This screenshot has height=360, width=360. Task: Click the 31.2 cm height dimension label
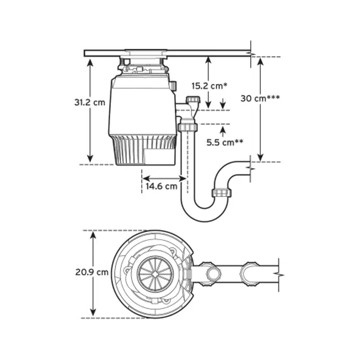pyautogui.click(x=90, y=102)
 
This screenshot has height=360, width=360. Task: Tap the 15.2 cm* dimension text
pyautogui.click(x=209, y=86)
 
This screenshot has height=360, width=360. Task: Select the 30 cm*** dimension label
pyautogui.click(x=260, y=99)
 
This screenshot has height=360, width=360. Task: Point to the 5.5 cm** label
pyautogui.click(x=225, y=142)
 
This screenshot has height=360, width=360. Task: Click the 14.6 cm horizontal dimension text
pyautogui.click(x=162, y=186)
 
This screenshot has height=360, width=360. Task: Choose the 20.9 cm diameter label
pyautogui.click(x=92, y=272)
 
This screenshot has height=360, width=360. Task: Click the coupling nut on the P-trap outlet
pyautogui.click(x=221, y=193)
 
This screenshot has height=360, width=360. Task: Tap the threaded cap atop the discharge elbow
pyautogui.click(x=193, y=100)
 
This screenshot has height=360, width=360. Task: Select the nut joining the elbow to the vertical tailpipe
pyautogui.click(x=187, y=127)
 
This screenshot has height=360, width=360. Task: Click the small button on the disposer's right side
pyautogui.click(x=173, y=85)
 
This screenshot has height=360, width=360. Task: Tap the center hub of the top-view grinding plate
pyautogui.click(x=155, y=274)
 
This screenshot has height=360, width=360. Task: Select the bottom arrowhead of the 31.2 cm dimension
pyautogui.click(x=90, y=159)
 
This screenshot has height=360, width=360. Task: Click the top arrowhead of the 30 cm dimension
pyautogui.click(x=260, y=61)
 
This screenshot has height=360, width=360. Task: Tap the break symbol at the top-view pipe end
pyautogui.click(x=279, y=275)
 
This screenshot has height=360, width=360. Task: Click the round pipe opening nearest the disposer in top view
pyautogui.click(x=213, y=274)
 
